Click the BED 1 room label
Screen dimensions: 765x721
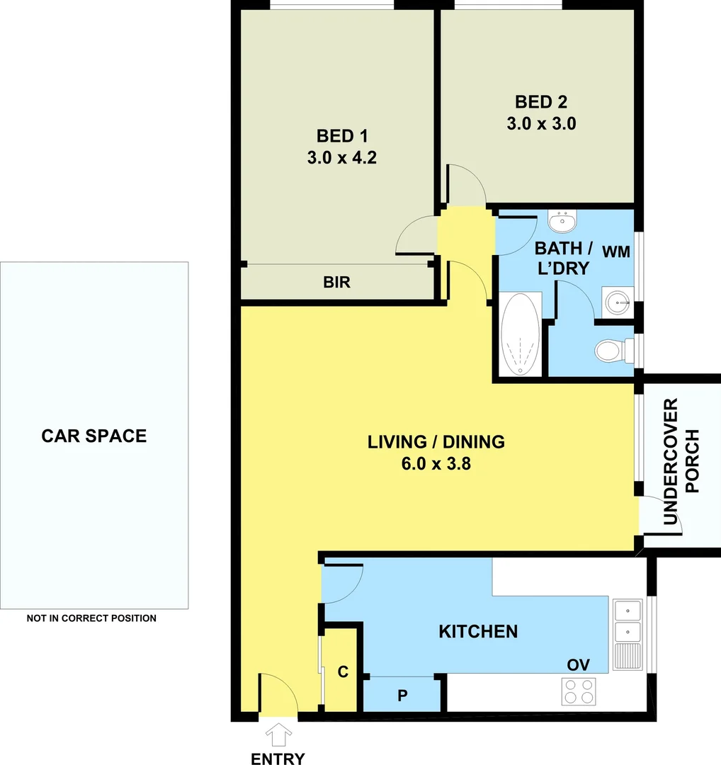tap(341, 135)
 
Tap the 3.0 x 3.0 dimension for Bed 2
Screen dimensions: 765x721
tap(541, 123)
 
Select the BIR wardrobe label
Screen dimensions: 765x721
tap(336, 283)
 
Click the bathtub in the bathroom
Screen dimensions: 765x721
tap(521, 334)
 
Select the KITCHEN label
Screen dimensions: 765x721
tap(478, 631)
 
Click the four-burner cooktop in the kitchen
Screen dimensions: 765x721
tap(578, 691)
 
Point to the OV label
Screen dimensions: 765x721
tap(578, 665)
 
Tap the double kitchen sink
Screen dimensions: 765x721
tap(628, 620)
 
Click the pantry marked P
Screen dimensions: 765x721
tap(402, 695)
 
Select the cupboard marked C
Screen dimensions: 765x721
tap(343, 672)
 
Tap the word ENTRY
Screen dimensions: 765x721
tap(278, 759)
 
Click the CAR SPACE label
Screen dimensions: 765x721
tap(94, 436)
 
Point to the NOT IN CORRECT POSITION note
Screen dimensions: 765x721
tap(91, 618)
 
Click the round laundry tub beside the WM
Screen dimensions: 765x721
tap(618, 302)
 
